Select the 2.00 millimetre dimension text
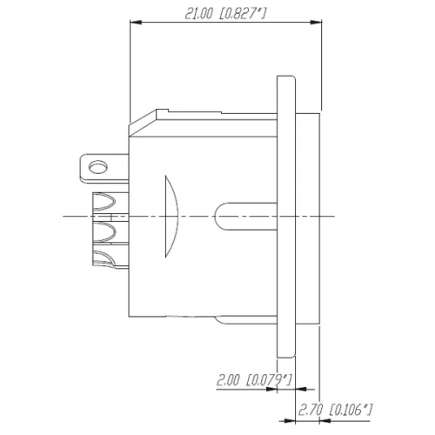pyautogui.click(x=229, y=380)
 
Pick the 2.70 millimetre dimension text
pyautogui.click(x=312, y=407)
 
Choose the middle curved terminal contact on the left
pyautogui.click(x=104, y=231)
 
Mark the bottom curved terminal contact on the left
pyautogui.click(x=104, y=258)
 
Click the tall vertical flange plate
pyautogui.click(x=287, y=217)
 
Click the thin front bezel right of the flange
pyautogui.click(x=309, y=217)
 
